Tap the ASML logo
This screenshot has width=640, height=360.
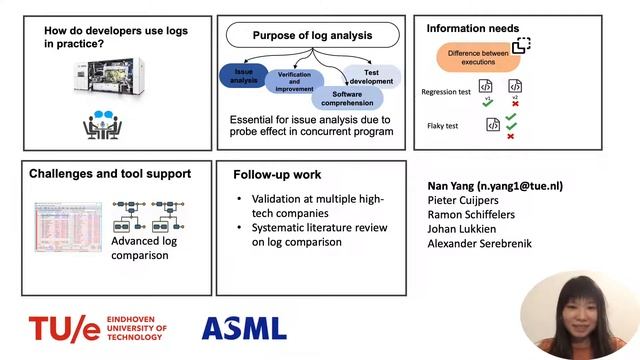pos(244,328)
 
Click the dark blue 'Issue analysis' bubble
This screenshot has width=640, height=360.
pos(243,76)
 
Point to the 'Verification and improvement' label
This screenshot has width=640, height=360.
pos(295,82)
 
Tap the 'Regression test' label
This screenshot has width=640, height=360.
pos(447,92)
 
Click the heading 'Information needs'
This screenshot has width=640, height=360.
pos(473,28)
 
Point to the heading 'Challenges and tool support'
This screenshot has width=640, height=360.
pos(110,174)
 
